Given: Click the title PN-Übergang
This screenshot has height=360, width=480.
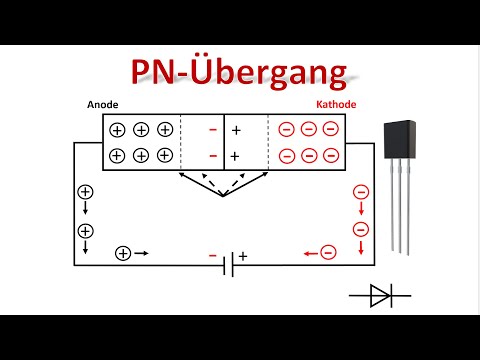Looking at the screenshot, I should click(240, 73).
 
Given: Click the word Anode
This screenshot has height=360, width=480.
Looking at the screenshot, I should click(103, 105).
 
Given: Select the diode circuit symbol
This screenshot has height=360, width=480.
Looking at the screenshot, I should click(380, 295).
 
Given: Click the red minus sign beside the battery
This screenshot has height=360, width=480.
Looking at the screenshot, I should click(212, 256).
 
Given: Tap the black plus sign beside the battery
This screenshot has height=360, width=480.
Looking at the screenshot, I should click(242, 256).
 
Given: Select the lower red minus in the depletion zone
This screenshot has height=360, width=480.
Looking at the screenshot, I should click(212, 156).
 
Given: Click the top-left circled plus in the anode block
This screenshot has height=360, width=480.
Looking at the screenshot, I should click(117, 130).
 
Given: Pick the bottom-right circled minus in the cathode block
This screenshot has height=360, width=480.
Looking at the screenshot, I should click(331, 155).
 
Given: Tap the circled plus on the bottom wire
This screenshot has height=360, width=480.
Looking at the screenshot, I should click(123, 254).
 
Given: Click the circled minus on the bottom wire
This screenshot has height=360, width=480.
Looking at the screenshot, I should click(328, 254).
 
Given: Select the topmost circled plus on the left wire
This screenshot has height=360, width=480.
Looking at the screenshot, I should click(85, 192).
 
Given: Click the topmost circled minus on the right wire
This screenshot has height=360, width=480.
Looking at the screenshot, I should click(360, 192).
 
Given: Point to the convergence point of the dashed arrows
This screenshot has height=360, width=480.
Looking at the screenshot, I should click(225, 197).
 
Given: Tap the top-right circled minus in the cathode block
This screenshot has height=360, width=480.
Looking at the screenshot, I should click(331, 130).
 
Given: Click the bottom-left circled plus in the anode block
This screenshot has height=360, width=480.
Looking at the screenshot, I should click(117, 155).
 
